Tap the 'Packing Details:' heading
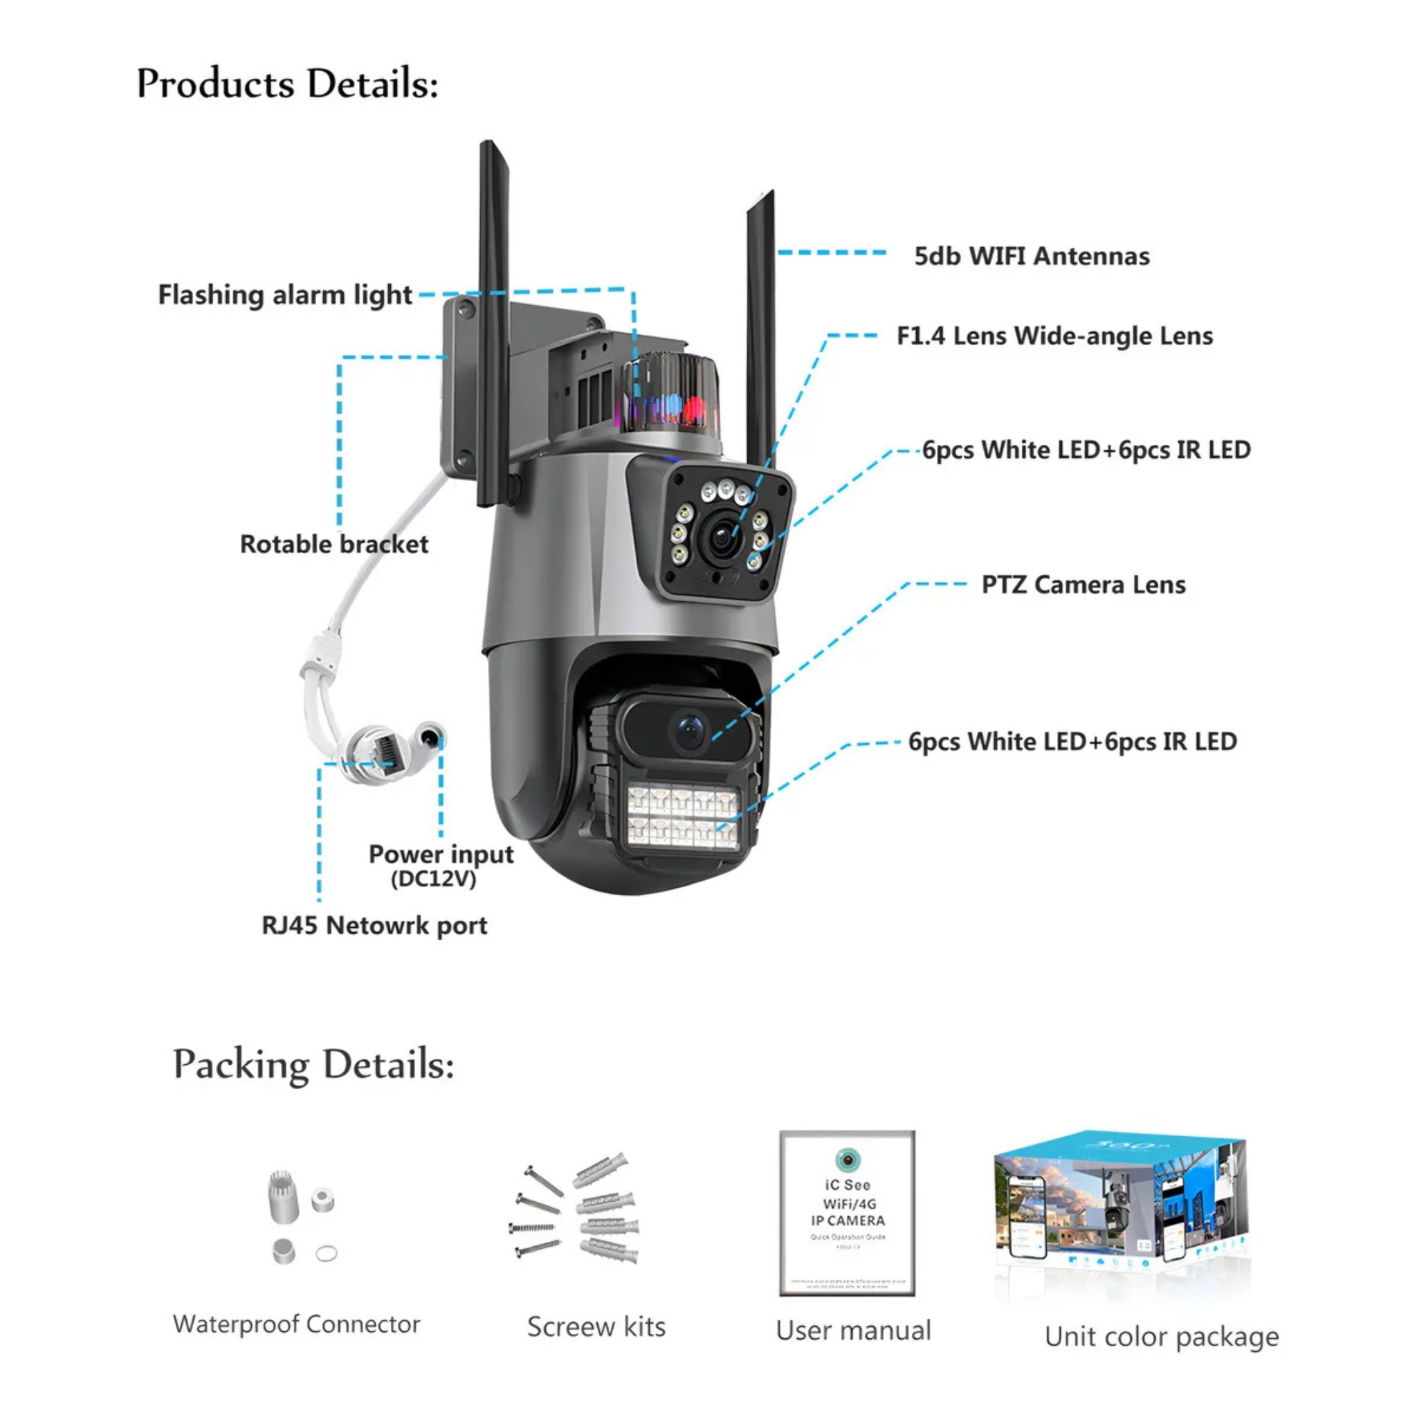(x=313, y=1064)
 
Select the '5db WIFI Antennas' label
(x=1031, y=256)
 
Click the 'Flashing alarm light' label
(x=285, y=295)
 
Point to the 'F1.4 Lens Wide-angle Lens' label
(x=1054, y=336)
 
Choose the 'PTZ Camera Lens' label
(x=1084, y=585)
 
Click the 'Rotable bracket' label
(x=333, y=545)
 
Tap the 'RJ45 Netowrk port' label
(x=374, y=926)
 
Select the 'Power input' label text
(x=441, y=854)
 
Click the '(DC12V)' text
(x=433, y=879)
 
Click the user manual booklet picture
(x=847, y=1213)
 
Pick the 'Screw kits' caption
(x=596, y=1327)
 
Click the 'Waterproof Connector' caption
(x=296, y=1324)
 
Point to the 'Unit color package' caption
(x=1162, y=1336)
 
